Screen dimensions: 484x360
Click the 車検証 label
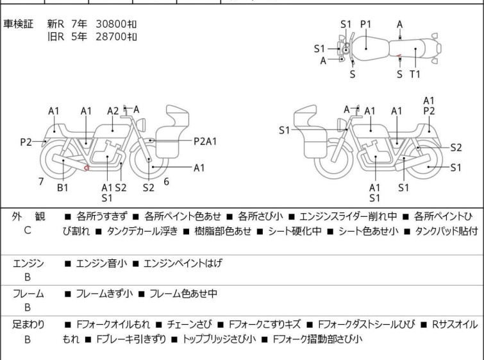coord(18,24)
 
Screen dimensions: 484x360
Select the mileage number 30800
coord(111,24)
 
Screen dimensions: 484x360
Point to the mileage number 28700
coord(111,37)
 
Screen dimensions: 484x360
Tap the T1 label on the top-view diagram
coord(415,74)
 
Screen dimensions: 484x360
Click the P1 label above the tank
coord(366,24)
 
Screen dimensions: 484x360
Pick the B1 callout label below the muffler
coord(63,187)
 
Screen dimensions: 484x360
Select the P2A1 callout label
coord(205,142)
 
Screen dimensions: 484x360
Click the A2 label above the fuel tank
coord(113,111)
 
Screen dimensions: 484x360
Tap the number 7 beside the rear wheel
coord(41,182)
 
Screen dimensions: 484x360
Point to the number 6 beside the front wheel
coord(167,182)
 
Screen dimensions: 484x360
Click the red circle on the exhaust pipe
coord(87,167)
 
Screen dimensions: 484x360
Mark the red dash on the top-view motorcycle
coord(399,56)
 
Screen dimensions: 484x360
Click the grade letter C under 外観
coord(28,230)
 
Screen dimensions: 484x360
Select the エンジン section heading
coord(28,263)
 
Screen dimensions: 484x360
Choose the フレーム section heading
coord(28,293)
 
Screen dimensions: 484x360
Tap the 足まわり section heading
coord(28,325)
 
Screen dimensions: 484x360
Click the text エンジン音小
coord(101,263)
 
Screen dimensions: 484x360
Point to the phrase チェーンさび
coord(190,325)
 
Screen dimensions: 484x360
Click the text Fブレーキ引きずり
coord(131,339)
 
